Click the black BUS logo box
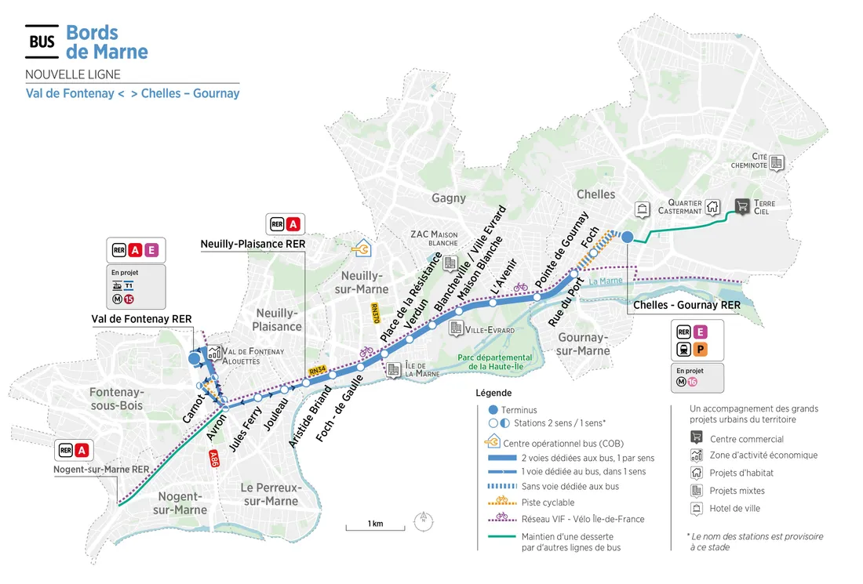42,42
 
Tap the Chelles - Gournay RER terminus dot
628,237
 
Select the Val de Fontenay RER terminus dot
194,358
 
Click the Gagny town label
448,198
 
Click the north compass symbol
423,518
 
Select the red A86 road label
213,460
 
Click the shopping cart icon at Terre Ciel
741,206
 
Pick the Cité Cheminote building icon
776,162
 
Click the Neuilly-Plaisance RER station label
253,244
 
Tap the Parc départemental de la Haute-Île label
495,362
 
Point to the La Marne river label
604,281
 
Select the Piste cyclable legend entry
548,502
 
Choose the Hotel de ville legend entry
735,508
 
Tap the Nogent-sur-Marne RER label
102,470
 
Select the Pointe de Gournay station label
562,249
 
